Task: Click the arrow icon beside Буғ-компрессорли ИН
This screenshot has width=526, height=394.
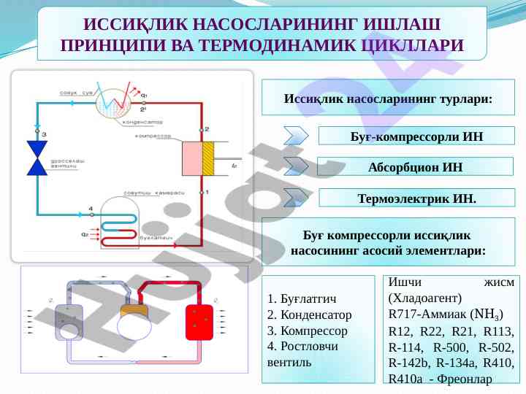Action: (x=297, y=136)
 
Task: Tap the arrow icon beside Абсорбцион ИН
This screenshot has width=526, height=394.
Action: (x=297, y=166)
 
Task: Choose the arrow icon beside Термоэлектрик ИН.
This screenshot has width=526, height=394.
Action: (x=297, y=197)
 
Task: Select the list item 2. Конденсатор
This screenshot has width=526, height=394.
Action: (x=310, y=314)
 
